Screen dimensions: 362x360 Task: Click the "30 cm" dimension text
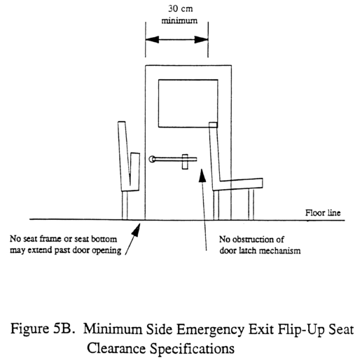coord(181,9)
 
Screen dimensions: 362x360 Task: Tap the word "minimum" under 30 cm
coord(179,20)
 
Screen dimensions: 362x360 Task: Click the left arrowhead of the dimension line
coord(152,39)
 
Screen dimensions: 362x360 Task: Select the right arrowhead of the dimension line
coord(201,39)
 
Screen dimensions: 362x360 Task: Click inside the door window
coord(188,104)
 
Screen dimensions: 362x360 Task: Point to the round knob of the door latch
coord(152,159)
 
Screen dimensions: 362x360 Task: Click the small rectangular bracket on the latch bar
coord(185,162)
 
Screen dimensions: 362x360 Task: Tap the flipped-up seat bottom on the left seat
coord(135,172)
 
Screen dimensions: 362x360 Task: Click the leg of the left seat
coord(125,205)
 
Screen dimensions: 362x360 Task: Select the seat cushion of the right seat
coord(240,184)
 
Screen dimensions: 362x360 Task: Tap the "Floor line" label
coord(323,213)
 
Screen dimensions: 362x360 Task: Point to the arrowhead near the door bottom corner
coord(137,230)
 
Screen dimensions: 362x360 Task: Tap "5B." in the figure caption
coord(64,328)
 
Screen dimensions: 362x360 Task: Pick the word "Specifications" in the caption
coord(192,349)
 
